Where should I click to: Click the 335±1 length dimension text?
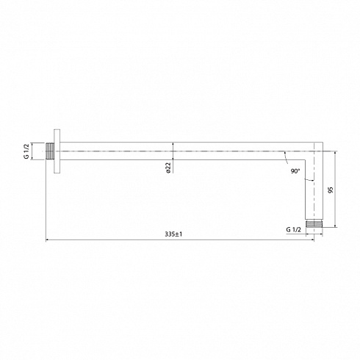[x=173, y=234]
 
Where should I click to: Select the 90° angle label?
[x=295, y=170]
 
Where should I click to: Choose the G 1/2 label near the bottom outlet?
[x=292, y=229]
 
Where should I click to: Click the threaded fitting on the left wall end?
[x=50, y=152]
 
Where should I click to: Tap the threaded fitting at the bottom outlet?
[x=314, y=222]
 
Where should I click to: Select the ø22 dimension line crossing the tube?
[x=173, y=152]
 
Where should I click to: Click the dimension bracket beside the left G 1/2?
[x=34, y=152]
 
